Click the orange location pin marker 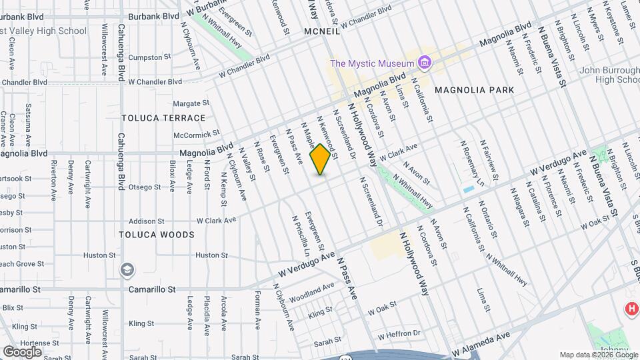pos(321,159)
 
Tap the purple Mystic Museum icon pos(425,63)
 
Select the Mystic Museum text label pos(373,63)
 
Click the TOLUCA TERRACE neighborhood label pos(163,118)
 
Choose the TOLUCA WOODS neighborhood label pos(157,235)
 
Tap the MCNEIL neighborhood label pos(313,31)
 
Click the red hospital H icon pos(630,309)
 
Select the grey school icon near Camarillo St pos(127,270)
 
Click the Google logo pos(22,351)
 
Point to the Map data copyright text pos(598,355)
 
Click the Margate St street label pos(191,103)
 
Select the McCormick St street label pos(196,134)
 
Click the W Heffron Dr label pos(399,333)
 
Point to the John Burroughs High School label pos(609,75)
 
